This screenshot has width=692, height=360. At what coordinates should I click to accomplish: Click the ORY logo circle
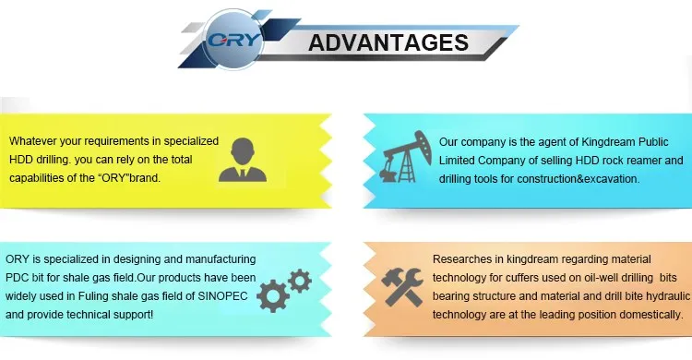[x=233, y=41]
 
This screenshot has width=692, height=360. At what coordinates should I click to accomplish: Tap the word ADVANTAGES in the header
[x=388, y=42]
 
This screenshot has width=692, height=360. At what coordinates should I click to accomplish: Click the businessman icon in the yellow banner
[x=243, y=160]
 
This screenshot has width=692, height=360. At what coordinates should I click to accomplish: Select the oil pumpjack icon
[x=406, y=156]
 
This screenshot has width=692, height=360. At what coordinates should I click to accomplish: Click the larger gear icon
[x=273, y=296]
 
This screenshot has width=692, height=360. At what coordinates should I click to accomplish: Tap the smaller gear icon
[x=300, y=281]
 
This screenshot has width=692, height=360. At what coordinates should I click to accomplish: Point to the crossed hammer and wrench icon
[x=402, y=287]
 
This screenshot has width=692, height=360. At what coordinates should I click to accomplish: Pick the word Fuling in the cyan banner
[x=92, y=296]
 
